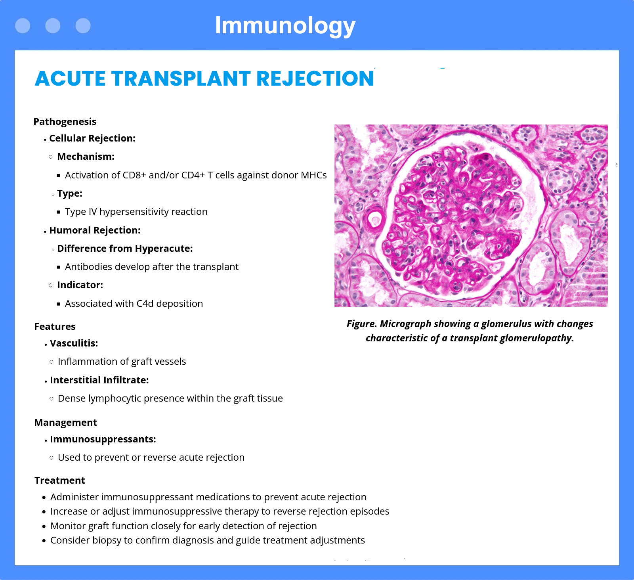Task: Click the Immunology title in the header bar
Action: [285, 26]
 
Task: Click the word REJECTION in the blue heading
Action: [315, 78]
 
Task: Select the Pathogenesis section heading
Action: [65, 122]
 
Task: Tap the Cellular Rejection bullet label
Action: [92, 138]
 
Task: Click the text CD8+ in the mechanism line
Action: [134, 175]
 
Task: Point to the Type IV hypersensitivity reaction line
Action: [136, 212]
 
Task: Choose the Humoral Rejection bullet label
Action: [95, 230]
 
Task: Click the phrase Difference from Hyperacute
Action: [125, 249]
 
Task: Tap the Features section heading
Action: [55, 327]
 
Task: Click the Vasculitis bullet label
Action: [74, 343]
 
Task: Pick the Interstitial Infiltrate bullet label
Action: [99, 380]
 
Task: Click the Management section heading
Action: [66, 423]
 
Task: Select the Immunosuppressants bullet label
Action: [103, 439]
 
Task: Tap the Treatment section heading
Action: [60, 480]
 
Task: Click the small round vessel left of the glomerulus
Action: [374, 219]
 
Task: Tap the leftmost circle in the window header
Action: [23, 26]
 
